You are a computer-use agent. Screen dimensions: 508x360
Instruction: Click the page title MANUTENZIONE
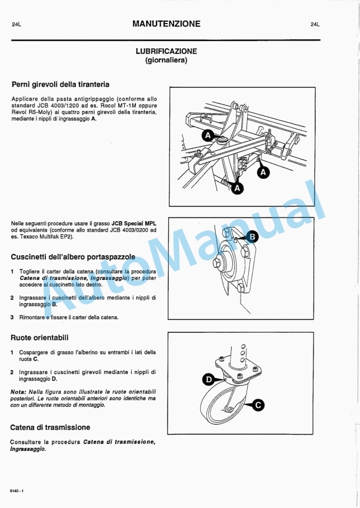point(166,24)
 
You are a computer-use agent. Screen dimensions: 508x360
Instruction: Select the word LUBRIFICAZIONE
point(166,51)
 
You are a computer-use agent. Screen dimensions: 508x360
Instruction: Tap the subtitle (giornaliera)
point(166,60)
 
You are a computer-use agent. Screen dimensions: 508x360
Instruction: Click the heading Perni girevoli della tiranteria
point(60,84)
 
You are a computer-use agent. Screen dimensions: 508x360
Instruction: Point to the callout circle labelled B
point(251,236)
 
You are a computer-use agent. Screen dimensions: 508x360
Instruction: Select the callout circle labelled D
point(208,380)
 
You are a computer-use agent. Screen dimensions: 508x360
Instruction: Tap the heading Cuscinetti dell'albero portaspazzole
point(73,257)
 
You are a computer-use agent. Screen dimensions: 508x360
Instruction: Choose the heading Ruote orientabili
point(39,337)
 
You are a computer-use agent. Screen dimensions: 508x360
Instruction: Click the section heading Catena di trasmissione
point(50,427)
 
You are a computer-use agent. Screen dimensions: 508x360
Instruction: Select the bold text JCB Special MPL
point(134,223)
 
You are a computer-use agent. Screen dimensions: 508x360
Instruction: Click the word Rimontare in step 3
point(32,317)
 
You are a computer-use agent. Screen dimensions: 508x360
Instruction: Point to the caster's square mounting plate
point(238,369)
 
